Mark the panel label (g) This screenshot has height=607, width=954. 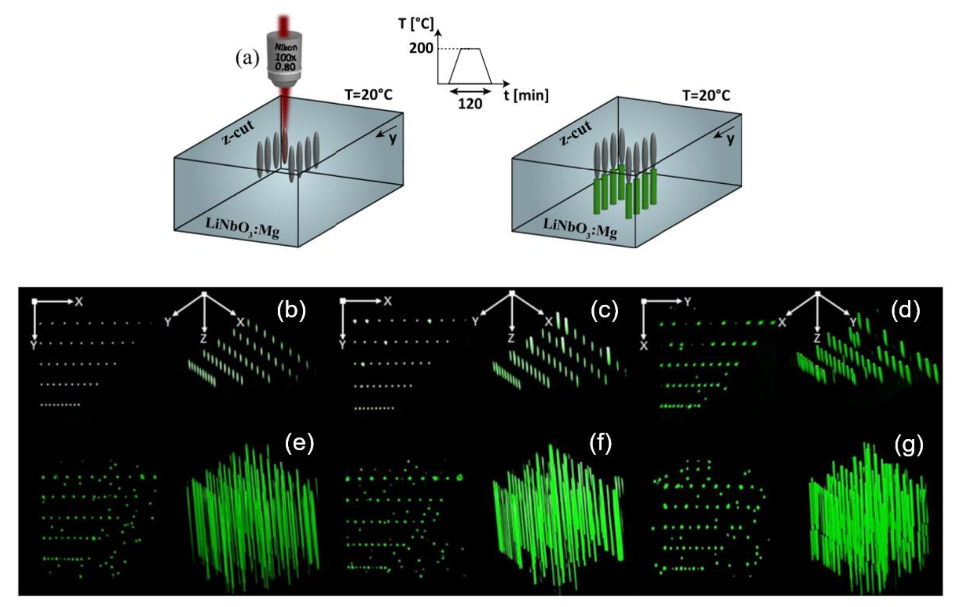[x=909, y=444]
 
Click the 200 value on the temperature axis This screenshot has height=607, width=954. [x=421, y=49]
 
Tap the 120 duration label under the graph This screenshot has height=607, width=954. [x=470, y=104]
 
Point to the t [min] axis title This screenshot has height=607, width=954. [x=526, y=95]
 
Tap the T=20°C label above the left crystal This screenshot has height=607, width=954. [x=368, y=95]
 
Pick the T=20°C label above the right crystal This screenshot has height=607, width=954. [x=706, y=95]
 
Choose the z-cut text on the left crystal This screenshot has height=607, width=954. [x=239, y=132]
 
